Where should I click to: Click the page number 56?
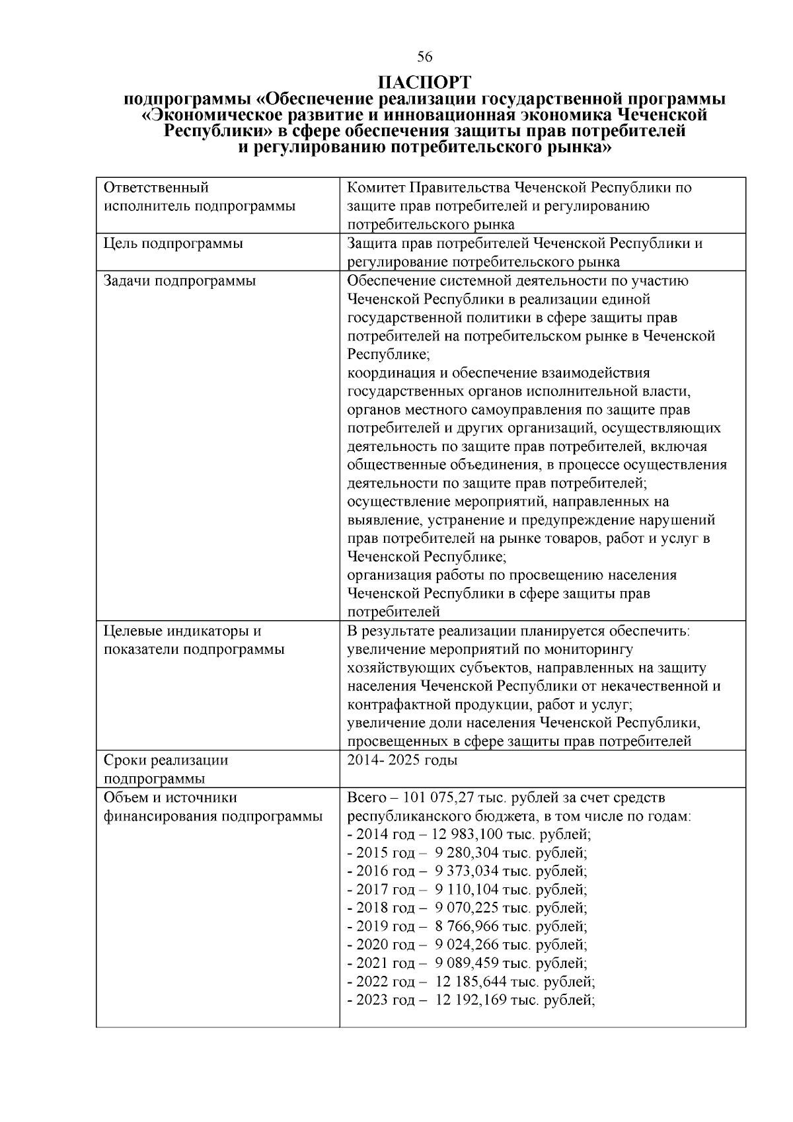point(425,56)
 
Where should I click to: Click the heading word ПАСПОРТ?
point(425,83)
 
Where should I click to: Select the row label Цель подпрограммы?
point(173,243)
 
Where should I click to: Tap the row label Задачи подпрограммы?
point(180,280)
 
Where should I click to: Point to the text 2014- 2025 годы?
point(402,760)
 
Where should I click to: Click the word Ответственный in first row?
point(156,188)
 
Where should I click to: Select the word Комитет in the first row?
point(373,188)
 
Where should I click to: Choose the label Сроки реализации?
point(166,760)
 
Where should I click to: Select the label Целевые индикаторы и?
point(183,631)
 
